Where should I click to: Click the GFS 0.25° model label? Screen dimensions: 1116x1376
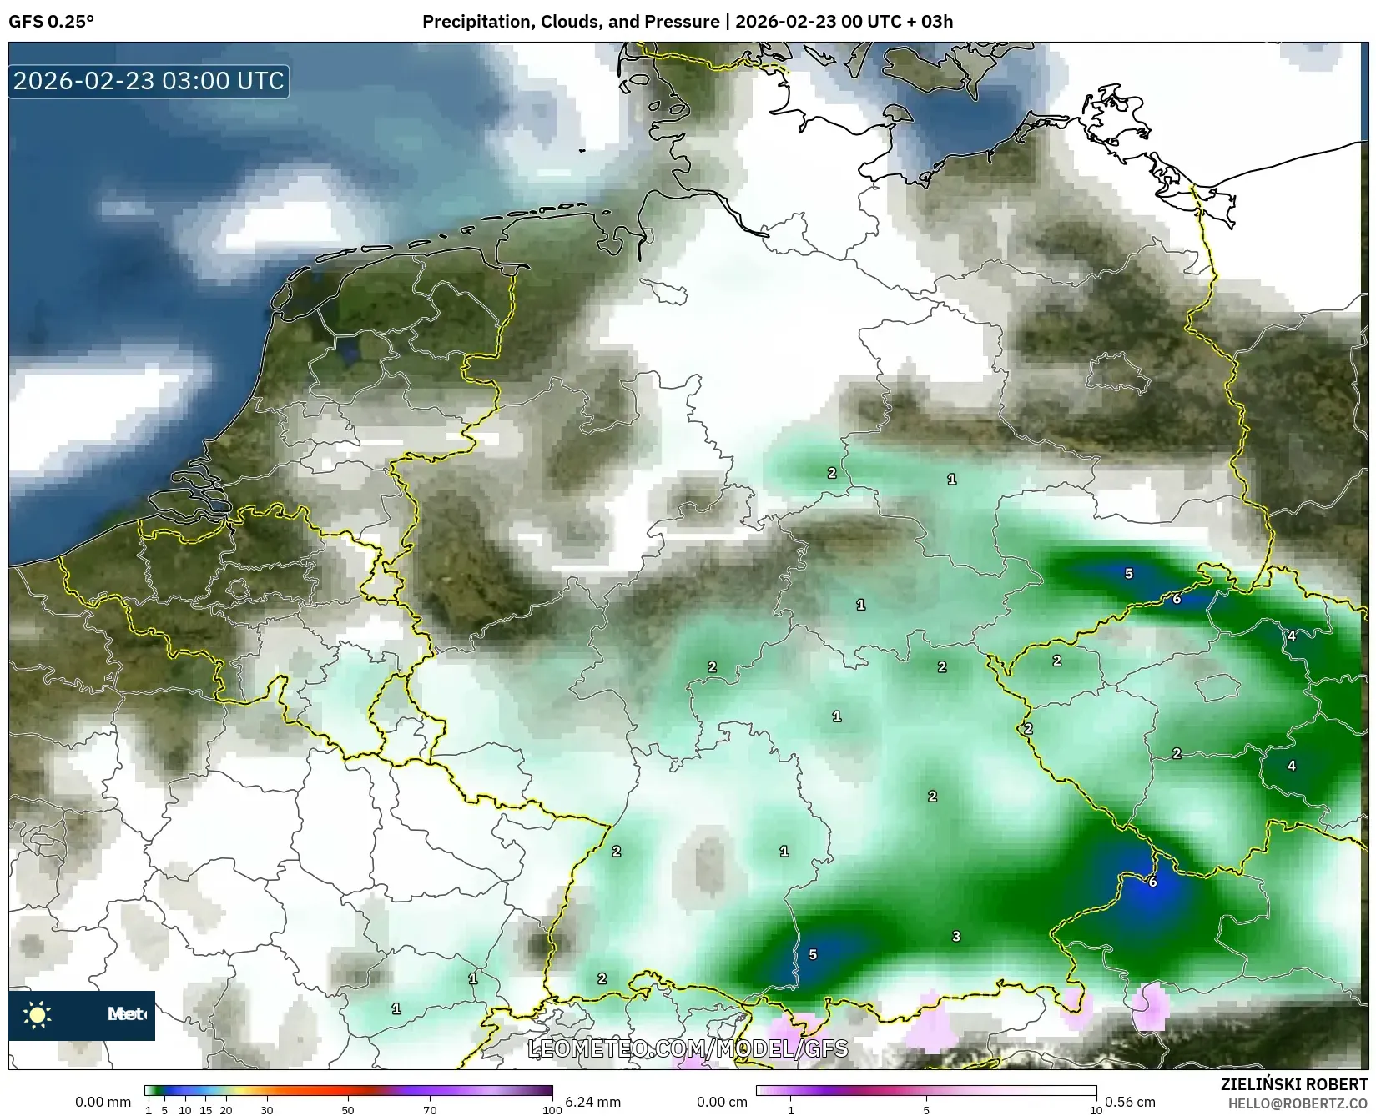pos(51,22)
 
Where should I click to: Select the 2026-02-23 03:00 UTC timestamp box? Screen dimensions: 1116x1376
pos(149,81)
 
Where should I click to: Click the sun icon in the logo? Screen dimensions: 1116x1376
pos(38,1014)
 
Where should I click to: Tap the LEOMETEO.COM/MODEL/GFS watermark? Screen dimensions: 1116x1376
pos(688,1048)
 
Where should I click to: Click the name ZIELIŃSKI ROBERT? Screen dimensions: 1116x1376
pos(1294,1084)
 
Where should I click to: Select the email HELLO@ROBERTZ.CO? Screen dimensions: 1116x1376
pos(1298,1103)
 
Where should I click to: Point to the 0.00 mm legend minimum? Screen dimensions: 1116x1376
pos(103,1102)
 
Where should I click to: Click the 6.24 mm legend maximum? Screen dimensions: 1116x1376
pos(592,1102)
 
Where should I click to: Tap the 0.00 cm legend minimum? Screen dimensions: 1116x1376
pos(722,1102)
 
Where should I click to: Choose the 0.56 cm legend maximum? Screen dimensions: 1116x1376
pos(1130,1102)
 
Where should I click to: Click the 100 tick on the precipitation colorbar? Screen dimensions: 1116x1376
pos(552,1110)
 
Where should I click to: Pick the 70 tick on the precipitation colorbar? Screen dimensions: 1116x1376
pos(430,1110)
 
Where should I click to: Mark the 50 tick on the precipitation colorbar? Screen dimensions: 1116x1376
pos(348,1110)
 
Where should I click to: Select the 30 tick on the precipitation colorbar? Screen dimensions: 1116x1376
pos(266,1110)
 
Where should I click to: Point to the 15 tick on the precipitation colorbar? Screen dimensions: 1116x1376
pos(205,1110)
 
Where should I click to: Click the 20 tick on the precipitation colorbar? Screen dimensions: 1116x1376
pos(225,1110)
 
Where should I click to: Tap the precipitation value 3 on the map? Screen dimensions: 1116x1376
pos(956,937)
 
